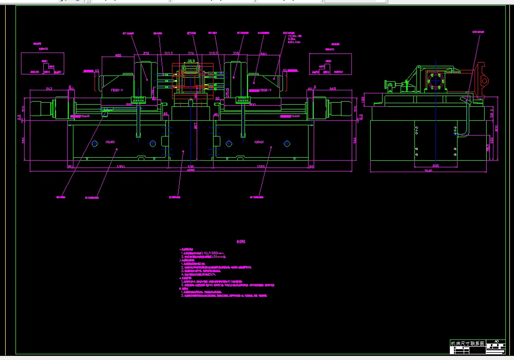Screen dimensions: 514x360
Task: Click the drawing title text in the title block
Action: point(467,343)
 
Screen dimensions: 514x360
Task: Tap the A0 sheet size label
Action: point(496,341)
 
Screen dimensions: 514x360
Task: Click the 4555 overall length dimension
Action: point(191,171)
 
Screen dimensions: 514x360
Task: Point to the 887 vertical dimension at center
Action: point(195,125)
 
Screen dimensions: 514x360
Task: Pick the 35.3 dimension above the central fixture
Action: point(191,61)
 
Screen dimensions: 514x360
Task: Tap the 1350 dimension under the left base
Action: point(121,167)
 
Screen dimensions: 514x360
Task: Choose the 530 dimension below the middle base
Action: point(191,167)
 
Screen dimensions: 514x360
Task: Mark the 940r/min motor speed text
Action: point(292,43)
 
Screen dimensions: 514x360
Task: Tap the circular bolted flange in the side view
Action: point(435,82)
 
